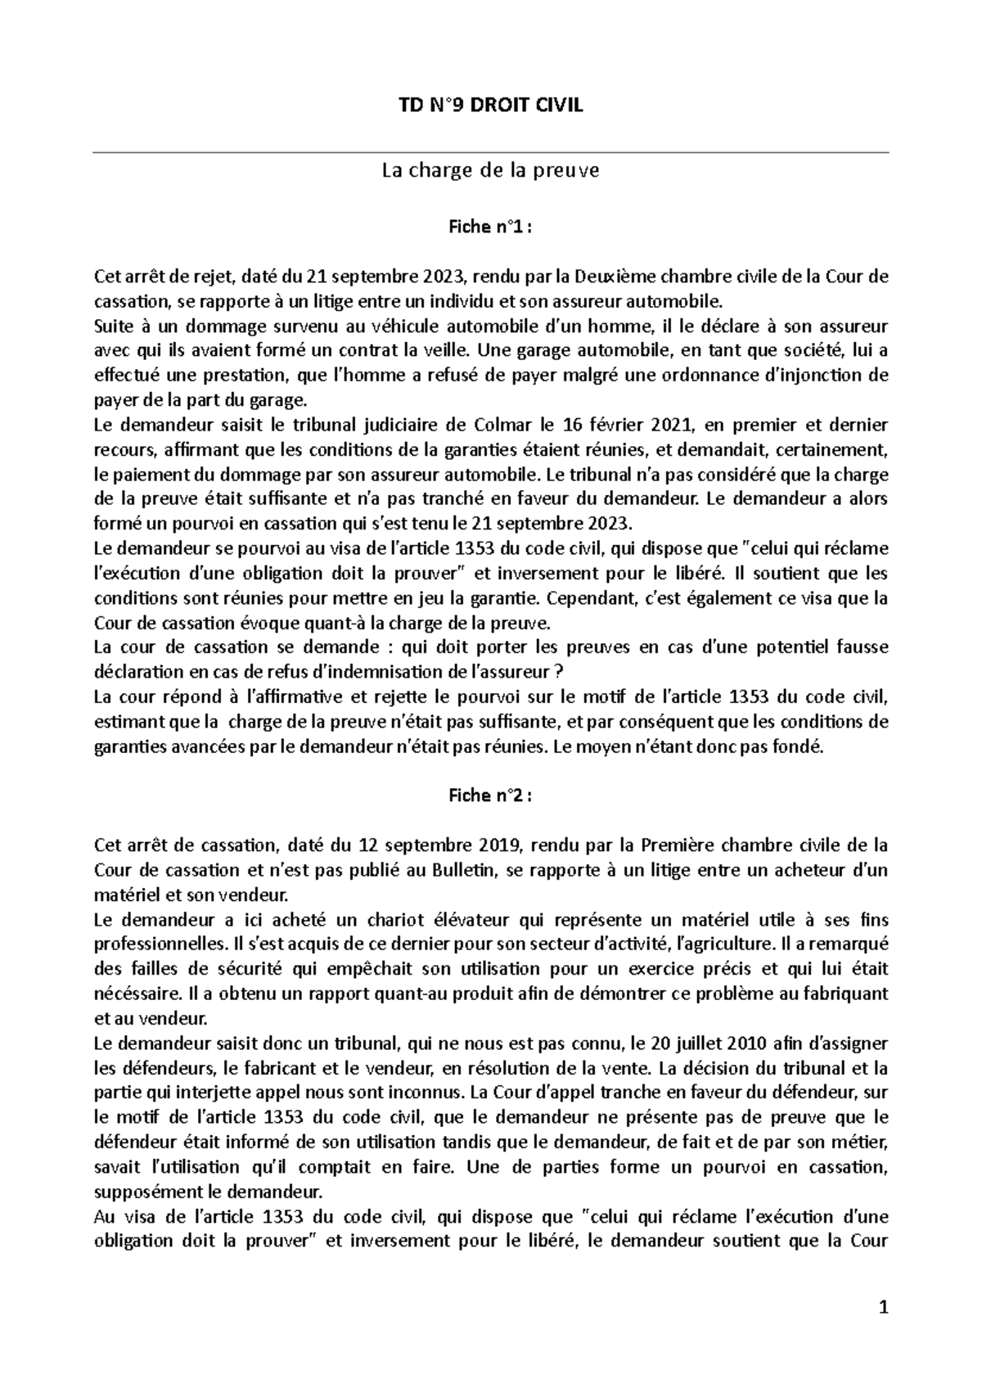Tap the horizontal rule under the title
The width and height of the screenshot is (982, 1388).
[x=491, y=152]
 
